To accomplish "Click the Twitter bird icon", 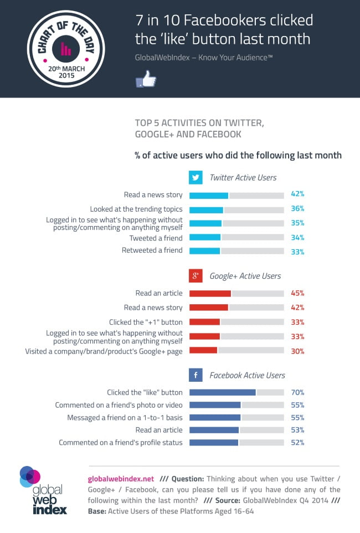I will point(196,178).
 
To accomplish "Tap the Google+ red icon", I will point(196,276).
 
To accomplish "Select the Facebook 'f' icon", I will point(196,375).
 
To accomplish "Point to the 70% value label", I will point(297,392).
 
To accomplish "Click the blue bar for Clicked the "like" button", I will point(222,392).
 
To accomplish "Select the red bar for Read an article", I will point(210,294).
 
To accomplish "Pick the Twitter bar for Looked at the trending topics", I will point(206,210).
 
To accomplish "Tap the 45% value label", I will point(297,294).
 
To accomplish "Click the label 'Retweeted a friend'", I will point(152,250).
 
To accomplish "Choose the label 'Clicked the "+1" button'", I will point(146,322).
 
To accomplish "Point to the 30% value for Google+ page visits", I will point(297,351).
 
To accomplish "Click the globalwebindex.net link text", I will point(121,478).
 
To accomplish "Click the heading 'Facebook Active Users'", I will point(247,375).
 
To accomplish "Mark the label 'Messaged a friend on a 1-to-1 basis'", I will point(125,417).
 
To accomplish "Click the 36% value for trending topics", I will point(297,209).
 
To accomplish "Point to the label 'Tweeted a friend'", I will point(156,238).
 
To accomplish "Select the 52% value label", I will point(297,442).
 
